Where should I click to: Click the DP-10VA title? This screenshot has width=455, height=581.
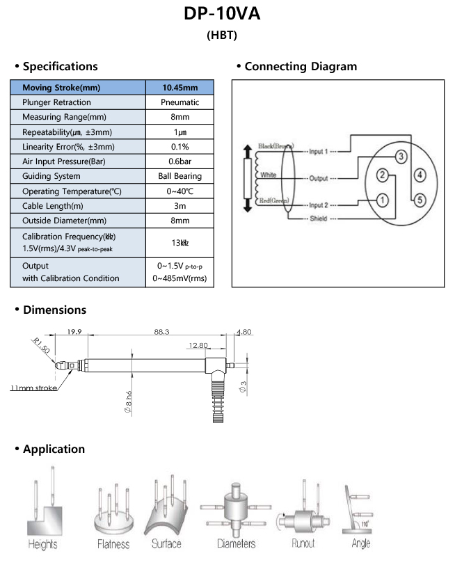pyautogui.click(x=222, y=13)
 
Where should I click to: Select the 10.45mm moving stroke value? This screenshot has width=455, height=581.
pyautogui.click(x=180, y=88)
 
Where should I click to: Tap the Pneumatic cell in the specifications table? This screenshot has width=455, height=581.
pyautogui.click(x=180, y=102)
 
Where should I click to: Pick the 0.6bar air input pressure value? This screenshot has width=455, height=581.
pyautogui.click(x=180, y=161)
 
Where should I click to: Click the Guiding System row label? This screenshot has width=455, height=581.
pyautogui.click(x=51, y=176)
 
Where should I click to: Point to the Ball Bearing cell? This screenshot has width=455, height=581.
pyautogui.click(x=180, y=176)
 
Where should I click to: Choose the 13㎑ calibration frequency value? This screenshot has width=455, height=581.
pyautogui.click(x=180, y=243)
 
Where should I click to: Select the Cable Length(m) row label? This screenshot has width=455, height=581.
pyautogui.click(x=53, y=206)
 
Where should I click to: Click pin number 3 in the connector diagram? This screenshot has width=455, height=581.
pyautogui.click(x=401, y=157)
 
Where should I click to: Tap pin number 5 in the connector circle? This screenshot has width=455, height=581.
pyautogui.click(x=420, y=200)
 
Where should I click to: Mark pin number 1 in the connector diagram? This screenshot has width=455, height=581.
pyautogui.click(x=383, y=200)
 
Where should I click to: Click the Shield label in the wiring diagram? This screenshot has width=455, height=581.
pyautogui.click(x=318, y=218)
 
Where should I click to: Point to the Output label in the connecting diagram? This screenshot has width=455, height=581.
pyautogui.click(x=319, y=178)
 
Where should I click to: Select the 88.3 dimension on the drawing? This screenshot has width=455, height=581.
pyautogui.click(x=161, y=332)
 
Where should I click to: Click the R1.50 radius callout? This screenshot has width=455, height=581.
pyautogui.click(x=41, y=345)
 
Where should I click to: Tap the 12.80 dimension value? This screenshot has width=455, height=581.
pyautogui.click(x=198, y=345)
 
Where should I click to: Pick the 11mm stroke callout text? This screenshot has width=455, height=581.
pyautogui.click(x=33, y=388)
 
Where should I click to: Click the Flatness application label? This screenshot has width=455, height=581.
pyautogui.click(x=113, y=544)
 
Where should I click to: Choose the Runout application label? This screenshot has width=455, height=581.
pyautogui.click(x=303, y=543)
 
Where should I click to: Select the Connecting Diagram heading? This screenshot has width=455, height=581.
pyautogui.click(x=301, y=66)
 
